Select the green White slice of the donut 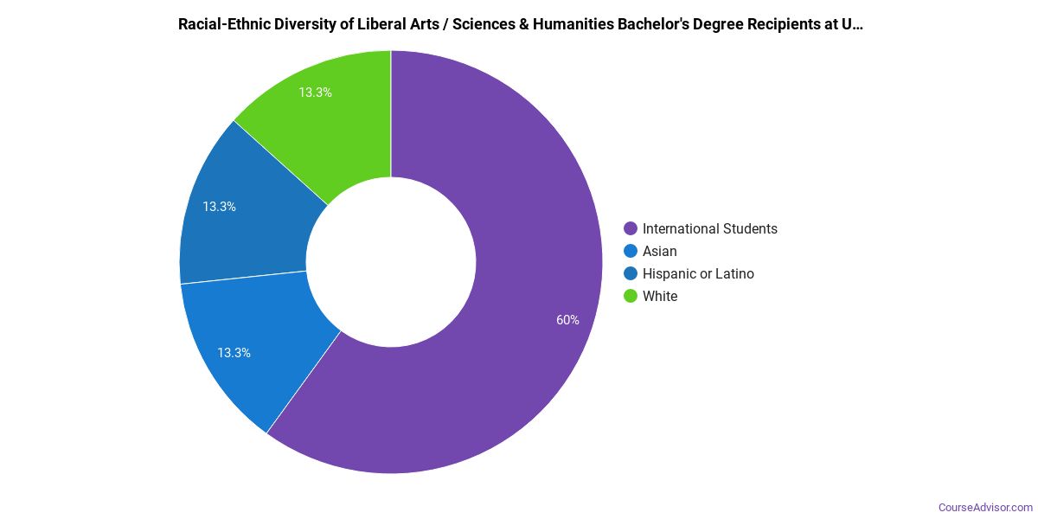click(x=346, y=121)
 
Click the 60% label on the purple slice click(x=567, y=320)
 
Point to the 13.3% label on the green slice click(x=315, y=93)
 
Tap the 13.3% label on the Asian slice click(x=234, y=353)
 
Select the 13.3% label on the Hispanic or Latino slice click(x=220, y=207)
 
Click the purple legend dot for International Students click(x=631, y=229)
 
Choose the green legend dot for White click(x=631, y=297)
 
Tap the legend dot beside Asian click(x=631, y=252)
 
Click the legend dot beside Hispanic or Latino click(x=631, y=274)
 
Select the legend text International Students click(x=709, y=229)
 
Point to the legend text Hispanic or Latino click(x=698, y=274)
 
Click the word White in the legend click(x=660, y=297)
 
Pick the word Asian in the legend click(x=660, y=252)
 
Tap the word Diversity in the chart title click(x=294, y=24)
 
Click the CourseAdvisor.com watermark click(x=985, y=508)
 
